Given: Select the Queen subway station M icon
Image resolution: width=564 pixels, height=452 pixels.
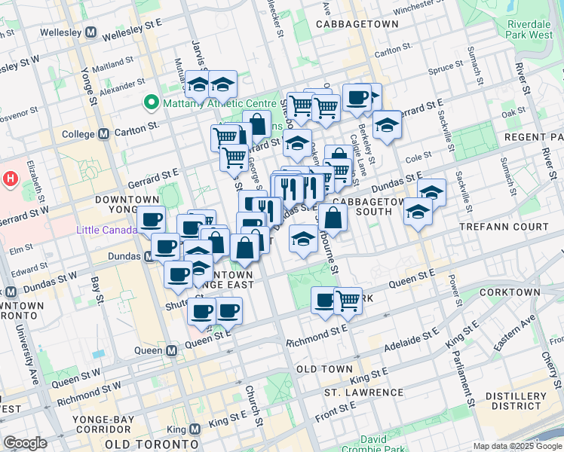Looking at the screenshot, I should pyautogui.click(x=172, y=350).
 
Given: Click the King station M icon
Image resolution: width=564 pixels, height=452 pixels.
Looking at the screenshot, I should pyautogui.click(x=195, y=429).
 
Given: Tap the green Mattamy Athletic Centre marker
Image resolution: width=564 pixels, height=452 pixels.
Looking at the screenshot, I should pyautogui.click(x=151, y=102).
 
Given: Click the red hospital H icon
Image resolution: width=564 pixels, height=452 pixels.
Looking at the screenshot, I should pyautogui.click(x=11, y=179).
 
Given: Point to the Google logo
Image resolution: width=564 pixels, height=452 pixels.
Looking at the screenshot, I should pyautogui.click(x=25, y=443).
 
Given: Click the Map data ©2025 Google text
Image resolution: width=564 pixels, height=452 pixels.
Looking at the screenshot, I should pyautogui.click(x=518, y=446).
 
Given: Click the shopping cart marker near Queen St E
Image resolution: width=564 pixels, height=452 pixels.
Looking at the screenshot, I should pyautogui.click(x=348, y=300).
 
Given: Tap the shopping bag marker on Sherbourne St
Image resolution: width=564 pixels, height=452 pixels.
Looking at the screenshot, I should pyautogui.click(x=331, y=219).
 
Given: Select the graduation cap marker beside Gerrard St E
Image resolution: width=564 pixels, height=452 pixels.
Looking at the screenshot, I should pyautogui.click(x=387, y=125).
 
